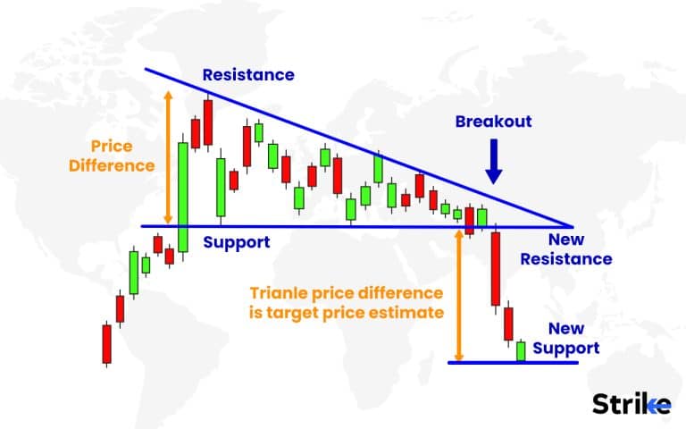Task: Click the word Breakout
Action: coord(493,122)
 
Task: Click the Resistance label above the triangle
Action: coord(247,75)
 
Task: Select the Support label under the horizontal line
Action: coord(236,242)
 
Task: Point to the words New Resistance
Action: coord(579,250)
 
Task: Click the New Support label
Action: coord(572,338)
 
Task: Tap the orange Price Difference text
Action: coord(122,155)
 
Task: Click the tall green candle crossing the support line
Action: coord(183,196)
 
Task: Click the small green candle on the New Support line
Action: coord(521,350)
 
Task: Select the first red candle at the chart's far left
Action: coord(107,343)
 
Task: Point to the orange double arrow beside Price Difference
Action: coord(166,156)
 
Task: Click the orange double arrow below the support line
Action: coord(459,295)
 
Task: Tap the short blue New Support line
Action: coord(513,362)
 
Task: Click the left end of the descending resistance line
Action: coord(145,68)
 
